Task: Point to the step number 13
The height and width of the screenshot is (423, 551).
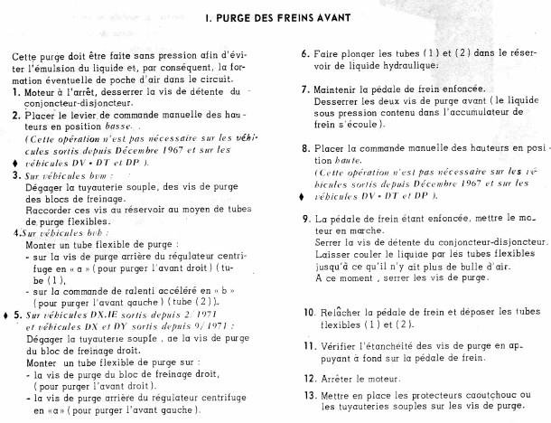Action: [308, 394]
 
